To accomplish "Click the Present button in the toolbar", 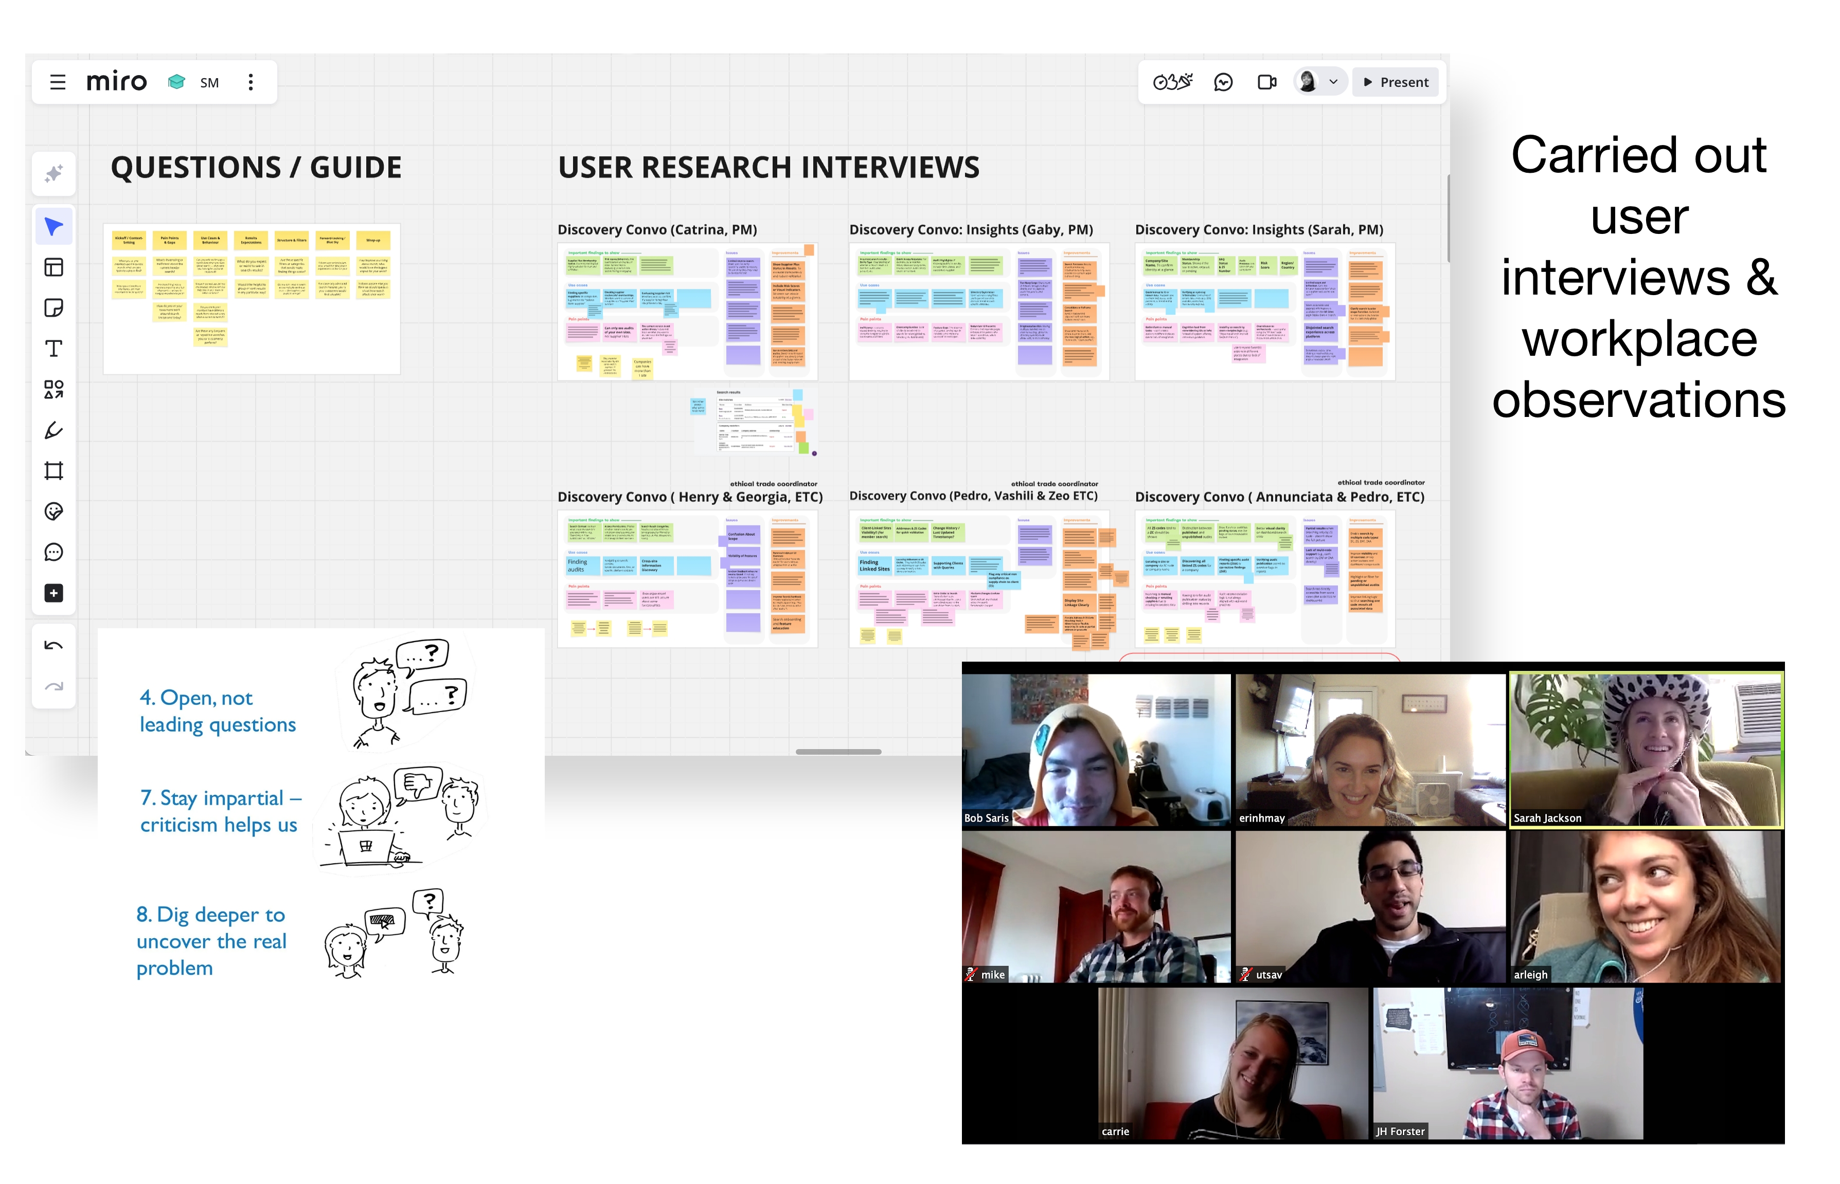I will (1396, 82).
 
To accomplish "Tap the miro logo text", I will (116, 82).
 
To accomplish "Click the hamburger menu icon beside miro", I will (58, 82).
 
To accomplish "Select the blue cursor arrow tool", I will (54, 227).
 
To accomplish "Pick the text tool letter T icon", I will (54, 349).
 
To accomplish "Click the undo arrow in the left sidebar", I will (54, 646).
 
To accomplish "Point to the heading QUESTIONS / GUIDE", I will (256, 168).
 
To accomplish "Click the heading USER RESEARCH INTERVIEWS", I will (769, 168).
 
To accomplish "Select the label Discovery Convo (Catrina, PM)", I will (657, 230).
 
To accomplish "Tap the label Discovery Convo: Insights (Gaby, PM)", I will (971, 230).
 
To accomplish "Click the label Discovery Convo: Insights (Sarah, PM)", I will (1258, 230).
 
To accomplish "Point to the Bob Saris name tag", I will (986, 818).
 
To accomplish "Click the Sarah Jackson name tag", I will (1547, 818).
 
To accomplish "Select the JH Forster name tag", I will (1400, 1131).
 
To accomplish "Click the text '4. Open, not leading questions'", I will (217, 711).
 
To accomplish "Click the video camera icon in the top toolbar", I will (1266, 82).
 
